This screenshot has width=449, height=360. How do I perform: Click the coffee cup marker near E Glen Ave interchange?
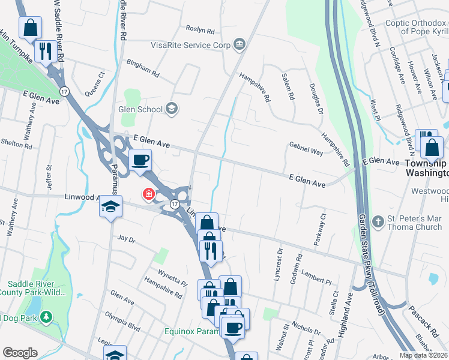point(140,160)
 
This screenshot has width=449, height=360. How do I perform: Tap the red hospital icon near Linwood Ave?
point(147,194)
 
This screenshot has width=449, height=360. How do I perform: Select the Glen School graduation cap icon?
point(172,109)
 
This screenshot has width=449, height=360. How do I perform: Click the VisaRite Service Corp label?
point(190,44)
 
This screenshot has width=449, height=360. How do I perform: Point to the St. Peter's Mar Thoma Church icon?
point(378,221)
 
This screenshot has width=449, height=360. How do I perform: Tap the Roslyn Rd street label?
point(200,29)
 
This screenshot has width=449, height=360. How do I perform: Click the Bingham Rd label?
point(142,68)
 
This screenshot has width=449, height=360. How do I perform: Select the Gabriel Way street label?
point(306,149)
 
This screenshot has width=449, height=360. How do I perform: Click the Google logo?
point(19,353)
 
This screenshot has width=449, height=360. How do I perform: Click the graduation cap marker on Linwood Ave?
point(110,207)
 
